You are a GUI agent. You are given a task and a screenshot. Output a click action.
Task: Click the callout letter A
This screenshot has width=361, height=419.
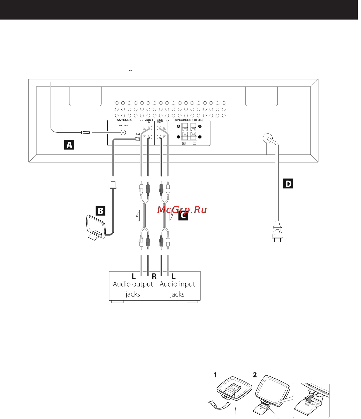[x=69, y=145]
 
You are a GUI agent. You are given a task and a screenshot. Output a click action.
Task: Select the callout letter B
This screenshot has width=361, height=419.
[x=100, y=211]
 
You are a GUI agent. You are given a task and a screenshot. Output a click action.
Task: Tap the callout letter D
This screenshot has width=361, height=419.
[x=288, y=184]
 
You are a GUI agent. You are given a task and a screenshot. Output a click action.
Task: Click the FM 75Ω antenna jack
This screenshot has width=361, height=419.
[x=123, y=132]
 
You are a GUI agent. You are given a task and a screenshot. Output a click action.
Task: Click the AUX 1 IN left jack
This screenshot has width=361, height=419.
[x=150, y=128]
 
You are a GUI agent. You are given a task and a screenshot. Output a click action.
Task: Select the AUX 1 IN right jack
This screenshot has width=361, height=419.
[x=150, y=137]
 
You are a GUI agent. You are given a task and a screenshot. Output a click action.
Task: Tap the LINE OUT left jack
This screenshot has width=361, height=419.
[x=159, y=128]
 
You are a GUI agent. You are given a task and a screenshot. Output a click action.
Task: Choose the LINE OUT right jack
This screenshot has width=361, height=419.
[x=159, y=137]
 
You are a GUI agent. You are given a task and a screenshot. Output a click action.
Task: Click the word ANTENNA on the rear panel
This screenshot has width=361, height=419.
[x=124, y=120]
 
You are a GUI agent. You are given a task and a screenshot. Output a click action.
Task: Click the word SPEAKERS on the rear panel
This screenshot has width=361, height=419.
[x=183, y=120]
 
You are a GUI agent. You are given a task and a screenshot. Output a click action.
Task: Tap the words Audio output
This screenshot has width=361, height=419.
[x=133, y=284]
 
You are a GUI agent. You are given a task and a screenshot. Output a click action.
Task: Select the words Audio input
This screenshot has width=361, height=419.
[x=177, y=284]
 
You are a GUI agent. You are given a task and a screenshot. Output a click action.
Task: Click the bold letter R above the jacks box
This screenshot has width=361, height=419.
[x=154, y=276]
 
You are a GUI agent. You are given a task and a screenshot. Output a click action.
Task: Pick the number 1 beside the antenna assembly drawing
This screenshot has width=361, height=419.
[x=215, y=375]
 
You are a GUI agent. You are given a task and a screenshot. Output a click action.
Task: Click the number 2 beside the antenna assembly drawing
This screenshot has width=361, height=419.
[x=255, y=375]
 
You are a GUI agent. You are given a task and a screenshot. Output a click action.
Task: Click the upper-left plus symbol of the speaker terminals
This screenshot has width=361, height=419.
[x=178, y=126]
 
